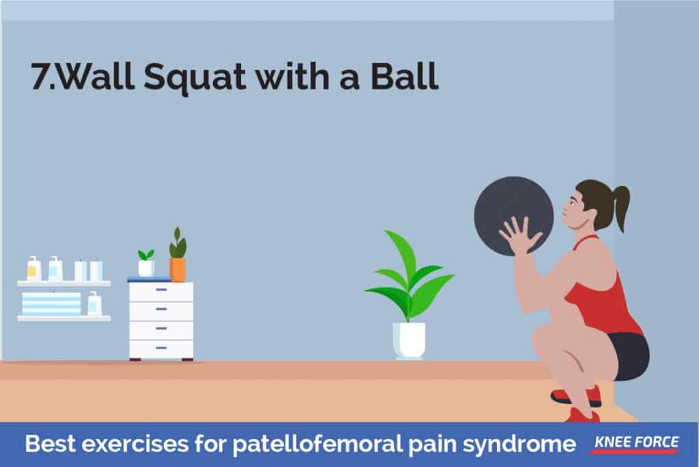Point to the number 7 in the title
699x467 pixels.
tap(40, 75)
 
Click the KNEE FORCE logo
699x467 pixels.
tap(636, 443)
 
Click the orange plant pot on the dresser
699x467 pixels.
tap(177, 269)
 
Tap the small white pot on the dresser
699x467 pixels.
tap(146, 268)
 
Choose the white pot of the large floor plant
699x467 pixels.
tap(410, 341)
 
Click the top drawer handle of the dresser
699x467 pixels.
tap(161, 290)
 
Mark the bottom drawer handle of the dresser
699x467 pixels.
tap(161, 347)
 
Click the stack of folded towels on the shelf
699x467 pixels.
tap(51, 304)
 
